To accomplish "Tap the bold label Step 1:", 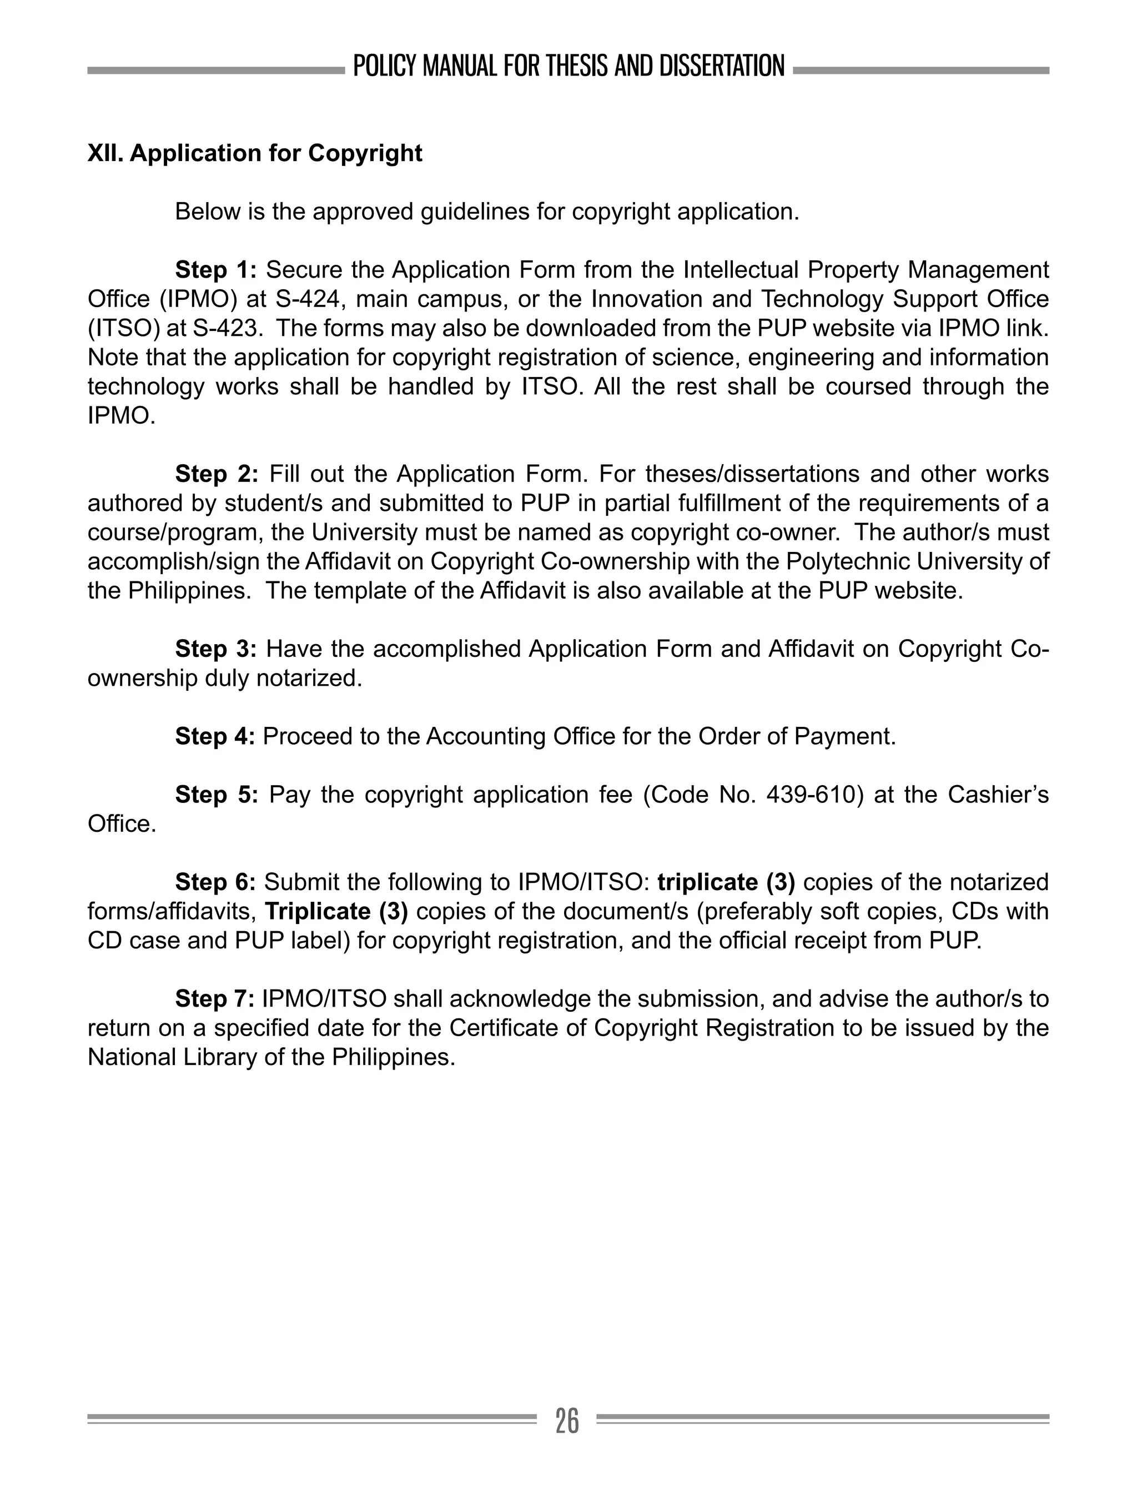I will click(216, 269).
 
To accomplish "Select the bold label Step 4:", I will click(214, 736).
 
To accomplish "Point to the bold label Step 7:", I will click(214, 998).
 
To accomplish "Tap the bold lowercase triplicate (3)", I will click(726, 882).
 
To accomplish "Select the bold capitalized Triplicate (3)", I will click(336, 911).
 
